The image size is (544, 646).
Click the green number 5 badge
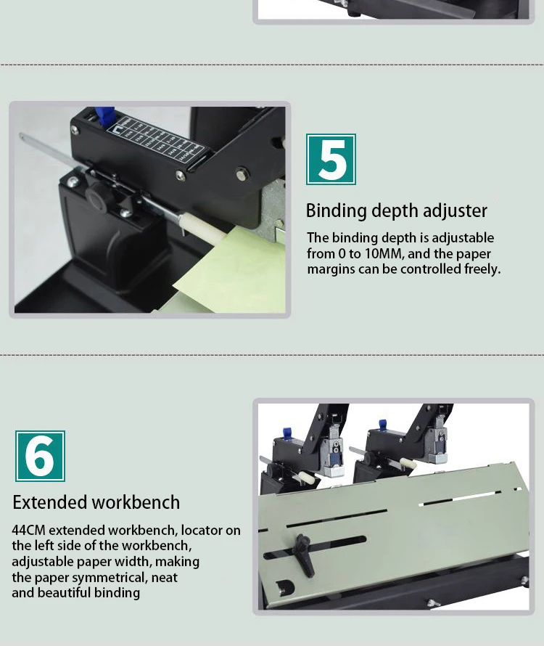(x=331, y=159)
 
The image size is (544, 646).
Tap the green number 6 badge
(x=40, y=456)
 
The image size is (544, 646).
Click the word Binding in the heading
(x=337, y=211)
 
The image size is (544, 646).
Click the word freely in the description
(x=482, y=269)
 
